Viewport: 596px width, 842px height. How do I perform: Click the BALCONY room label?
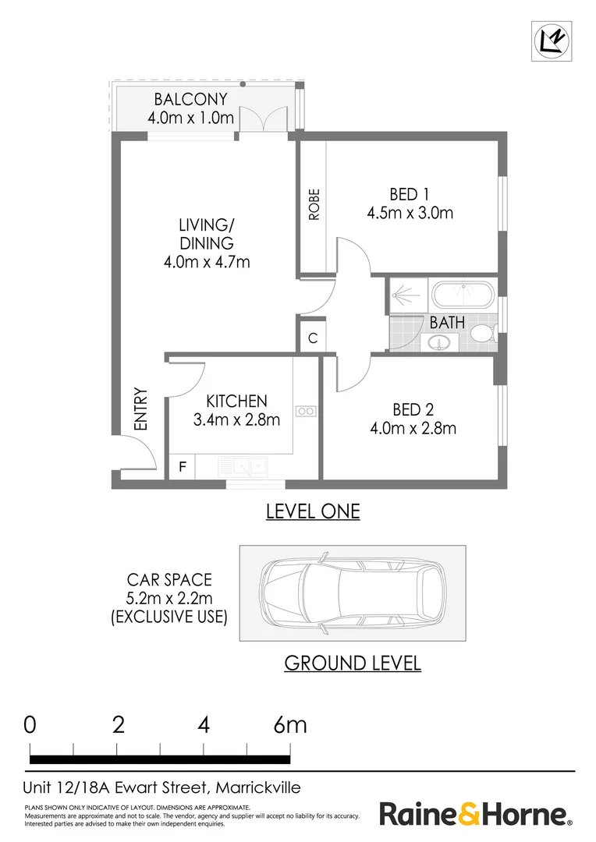click(x=190, y=100)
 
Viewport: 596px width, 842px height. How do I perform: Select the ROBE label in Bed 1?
click(x=314, y=205)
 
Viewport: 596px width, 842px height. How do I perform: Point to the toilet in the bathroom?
click(x=481, y=334)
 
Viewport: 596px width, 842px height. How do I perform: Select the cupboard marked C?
click(x=312, y=338)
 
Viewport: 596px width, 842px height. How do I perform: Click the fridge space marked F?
click(x=183, y=468)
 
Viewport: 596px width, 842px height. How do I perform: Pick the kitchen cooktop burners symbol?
click(x=305, y=411)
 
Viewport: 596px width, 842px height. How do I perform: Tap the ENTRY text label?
click(x=140, y=409)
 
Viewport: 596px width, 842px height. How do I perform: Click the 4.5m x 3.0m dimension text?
click(x=410, y=213)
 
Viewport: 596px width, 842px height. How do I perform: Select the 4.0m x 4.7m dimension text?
click(x=207, y=262)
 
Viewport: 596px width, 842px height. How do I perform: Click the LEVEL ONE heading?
click(x=313, y=511)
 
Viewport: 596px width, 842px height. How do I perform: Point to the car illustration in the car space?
click(x=352, y=593)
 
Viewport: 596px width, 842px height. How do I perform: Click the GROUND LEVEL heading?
click(x=352, y=663)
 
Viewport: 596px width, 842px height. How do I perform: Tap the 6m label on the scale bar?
click(x=289, y=725)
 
